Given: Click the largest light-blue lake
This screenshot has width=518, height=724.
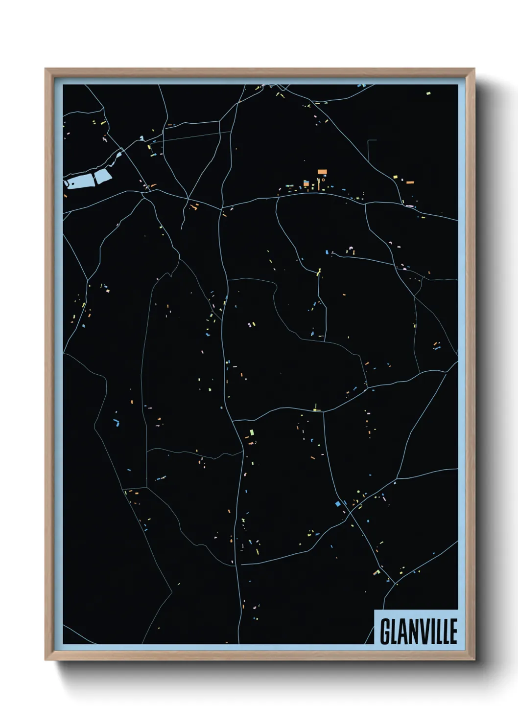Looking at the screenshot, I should click(x=81, y=182).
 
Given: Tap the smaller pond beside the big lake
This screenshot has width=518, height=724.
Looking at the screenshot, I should click(x=103, y=177).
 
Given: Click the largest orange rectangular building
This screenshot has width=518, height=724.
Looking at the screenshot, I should click(x=322, y=172).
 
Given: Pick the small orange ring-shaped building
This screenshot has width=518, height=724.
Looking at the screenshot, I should click(x=323, y=180).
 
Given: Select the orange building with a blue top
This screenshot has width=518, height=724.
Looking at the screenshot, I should click(x=306, y=183).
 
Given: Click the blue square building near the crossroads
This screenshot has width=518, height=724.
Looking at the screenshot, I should click(x=337, y=503).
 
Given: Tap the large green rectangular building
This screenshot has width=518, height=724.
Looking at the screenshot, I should click(x=252, y=433).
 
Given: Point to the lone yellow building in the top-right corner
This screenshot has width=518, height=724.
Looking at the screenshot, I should click(x=428, y=93).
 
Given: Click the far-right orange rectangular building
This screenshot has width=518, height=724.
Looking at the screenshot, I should click(x=410, y=182).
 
